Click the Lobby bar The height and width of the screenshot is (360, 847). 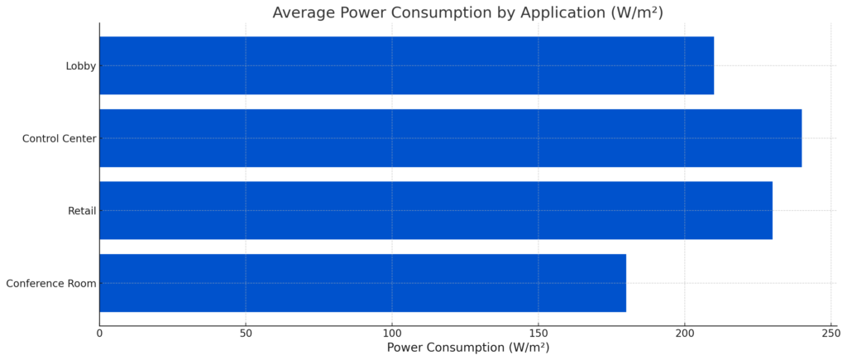(406, 65)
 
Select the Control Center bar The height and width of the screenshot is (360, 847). (450, 138)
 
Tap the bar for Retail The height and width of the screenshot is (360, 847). (435, 210)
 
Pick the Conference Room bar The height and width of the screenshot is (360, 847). (362, 283)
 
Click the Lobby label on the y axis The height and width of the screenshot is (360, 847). (81, 66)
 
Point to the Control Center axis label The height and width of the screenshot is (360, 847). (59, 138)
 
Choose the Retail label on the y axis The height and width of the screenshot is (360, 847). (82, 211)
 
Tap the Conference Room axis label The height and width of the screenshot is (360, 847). (50, 284)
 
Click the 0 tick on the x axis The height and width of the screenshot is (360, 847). (99, 333)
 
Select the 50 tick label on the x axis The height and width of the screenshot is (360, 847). (246, 333)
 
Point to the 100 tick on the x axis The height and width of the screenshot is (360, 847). (392, 333)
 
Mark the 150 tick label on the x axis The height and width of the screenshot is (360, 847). (538, 333)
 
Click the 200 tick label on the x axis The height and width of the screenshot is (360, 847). (685, 333)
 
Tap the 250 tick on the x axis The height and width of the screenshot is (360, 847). (830, 333)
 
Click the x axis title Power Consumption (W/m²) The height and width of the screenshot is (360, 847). (467, 348)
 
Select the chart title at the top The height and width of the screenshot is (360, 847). (467, 12)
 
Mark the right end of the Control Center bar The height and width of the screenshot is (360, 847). (801, 138)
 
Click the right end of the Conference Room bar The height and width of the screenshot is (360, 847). (625, 283)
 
